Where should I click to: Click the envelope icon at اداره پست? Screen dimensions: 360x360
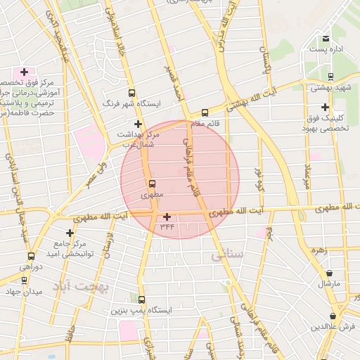325,39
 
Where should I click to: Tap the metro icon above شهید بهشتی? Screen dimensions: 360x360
330,76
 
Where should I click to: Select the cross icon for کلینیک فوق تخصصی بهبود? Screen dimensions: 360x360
324,108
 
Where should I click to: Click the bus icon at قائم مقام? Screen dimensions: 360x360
205,112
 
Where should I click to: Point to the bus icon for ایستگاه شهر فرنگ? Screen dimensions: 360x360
131,93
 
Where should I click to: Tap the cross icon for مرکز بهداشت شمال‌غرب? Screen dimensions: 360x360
138,124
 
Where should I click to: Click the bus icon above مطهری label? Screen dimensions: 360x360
152,185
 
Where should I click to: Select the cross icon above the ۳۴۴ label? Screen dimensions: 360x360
167,217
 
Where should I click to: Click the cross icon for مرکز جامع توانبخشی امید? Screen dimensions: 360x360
70,233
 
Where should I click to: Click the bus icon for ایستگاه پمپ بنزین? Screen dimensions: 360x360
142,300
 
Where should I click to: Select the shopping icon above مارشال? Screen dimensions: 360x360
330,274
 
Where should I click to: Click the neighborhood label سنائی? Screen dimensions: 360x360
226,257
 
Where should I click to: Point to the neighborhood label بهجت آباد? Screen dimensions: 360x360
77,288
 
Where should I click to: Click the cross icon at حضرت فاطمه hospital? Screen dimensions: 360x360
24,72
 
